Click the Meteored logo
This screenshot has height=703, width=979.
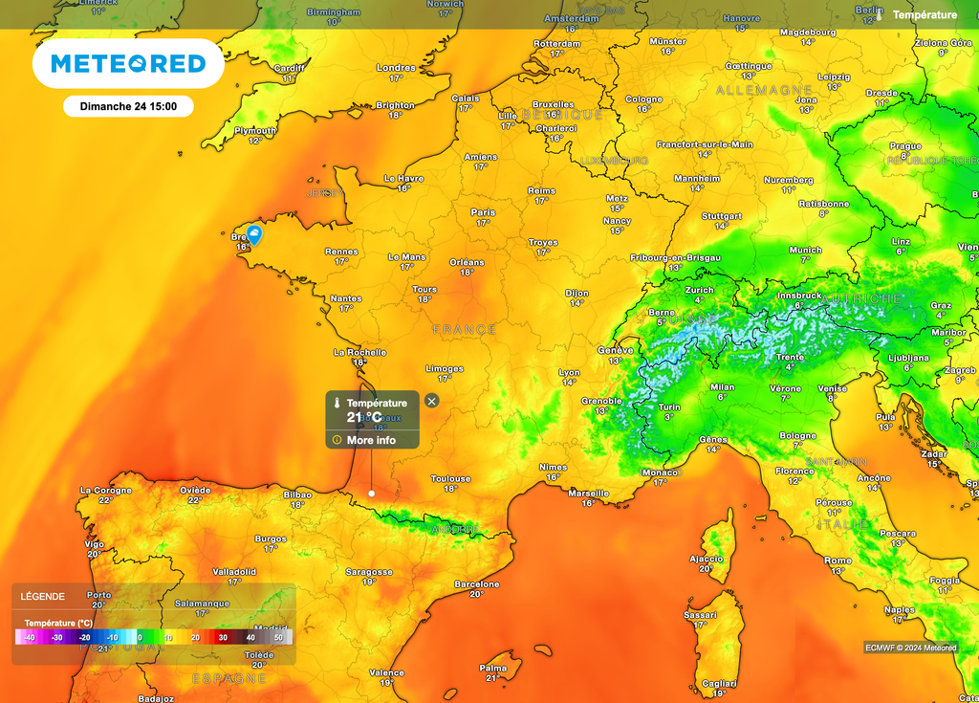pyautogui.click(x=128, y=64)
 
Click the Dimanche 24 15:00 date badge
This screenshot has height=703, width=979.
pyautogui.click(x=128, y=106)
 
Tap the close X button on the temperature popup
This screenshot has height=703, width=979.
pyautogui.click(x=431, y=401)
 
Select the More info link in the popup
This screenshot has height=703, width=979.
pyautogui.click(x=371, y=440)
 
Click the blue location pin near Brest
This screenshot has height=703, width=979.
pyautogui.click(x=254, y=235)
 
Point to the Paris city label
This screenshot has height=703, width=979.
pyautogui.click(x=483, y=212)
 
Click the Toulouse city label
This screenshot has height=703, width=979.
pyautogui.click(x=450, y=478)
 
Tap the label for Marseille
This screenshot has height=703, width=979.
pyautogui.click(x=588, y=493)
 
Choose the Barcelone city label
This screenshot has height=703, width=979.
pyautogui.click(x=476, y=583)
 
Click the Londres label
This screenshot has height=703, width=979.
pyautogui.click(x=396, y=68)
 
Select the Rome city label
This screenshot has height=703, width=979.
pyautogui.click(x=838, y=560)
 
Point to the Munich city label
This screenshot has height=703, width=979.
pyautogui.click(x=805, y=250)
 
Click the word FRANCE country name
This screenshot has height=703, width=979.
pyautogui.click(x=465, y=330)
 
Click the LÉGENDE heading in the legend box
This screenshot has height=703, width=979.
pyautogui.click(x=43, y=596)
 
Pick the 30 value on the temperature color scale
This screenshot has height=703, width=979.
pyautogui.click(x=223, y=637)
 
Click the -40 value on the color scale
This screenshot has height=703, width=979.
pyautogui.click(x=29, y=637)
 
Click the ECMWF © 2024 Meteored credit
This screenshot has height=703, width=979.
pyautogui.click(x=910, y=648)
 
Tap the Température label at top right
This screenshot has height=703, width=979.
pyautogui.click(x=924, y=15)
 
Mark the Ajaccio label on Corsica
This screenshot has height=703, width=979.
pyautogui.click(x=707, y=559)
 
